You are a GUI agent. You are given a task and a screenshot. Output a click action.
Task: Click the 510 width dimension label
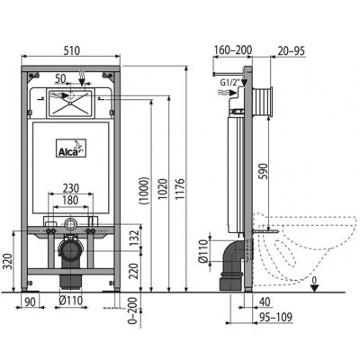pos(72,50)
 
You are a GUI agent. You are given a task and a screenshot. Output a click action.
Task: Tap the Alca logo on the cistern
pos(71,148)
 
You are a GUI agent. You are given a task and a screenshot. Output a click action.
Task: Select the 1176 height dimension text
pos(180,189)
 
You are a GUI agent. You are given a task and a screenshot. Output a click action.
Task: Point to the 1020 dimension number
pos(163,189)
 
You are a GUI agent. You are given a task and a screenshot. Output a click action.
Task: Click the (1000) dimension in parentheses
pos(144,191)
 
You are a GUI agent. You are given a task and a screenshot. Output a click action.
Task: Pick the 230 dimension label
pos(71,188)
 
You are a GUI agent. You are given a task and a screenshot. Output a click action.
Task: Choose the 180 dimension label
pos(70,200)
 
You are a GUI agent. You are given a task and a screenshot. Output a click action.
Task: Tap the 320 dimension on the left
pos(9,261)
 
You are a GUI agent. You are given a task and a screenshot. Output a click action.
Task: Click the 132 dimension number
pos(136,238)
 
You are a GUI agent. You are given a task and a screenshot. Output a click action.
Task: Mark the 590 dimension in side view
pos(263,171)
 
